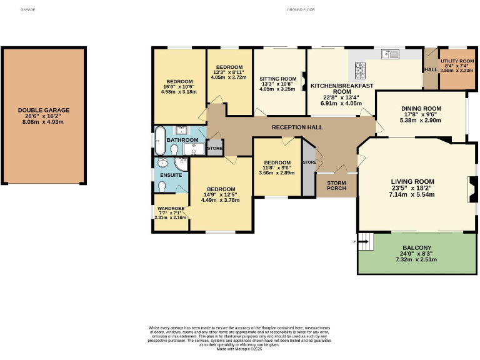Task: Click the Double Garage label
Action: click(x=44, y=110)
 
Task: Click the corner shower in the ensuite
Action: click(x=182, y=163)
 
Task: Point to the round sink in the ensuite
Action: click(x=162, y=164)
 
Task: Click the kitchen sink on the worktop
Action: click(x=391, y=54)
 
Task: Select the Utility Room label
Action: click(x=457, y=61)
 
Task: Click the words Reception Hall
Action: click(x=297, y=127)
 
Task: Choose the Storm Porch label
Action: click(x=336, y=184)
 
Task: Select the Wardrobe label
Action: click(x=169, y=209)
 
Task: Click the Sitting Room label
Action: click(x=277, y=79)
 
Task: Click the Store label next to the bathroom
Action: click(x=214, y=148)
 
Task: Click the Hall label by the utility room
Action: click(x=431, y=69)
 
